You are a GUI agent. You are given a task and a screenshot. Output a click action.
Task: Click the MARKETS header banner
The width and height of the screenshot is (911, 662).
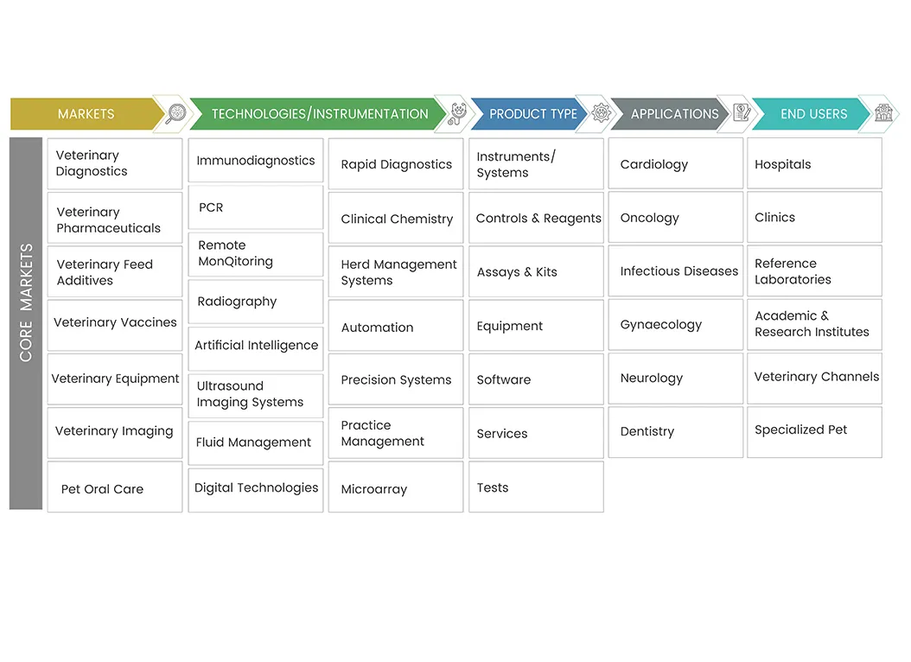[x=87, y=114]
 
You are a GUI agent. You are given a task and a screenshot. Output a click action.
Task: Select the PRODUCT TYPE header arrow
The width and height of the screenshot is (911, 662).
[x=532, y=114]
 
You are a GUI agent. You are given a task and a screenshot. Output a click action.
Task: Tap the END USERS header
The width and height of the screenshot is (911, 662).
[x=812, y=114]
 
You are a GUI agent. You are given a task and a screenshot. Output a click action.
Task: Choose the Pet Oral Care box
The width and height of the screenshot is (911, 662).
[x=115, y=487]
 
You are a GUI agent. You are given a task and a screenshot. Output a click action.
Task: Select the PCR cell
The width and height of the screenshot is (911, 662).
[x=256, y=207]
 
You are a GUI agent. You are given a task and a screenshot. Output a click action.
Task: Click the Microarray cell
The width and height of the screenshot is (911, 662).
[x=396, y=487]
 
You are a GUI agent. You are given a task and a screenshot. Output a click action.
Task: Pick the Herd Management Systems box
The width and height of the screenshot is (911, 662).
[x=396, y=271]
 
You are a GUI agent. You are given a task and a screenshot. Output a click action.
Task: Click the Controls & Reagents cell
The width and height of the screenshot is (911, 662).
[x=536, y=218]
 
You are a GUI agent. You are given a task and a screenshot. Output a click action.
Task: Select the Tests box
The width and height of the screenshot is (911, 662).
[x=536, y=487]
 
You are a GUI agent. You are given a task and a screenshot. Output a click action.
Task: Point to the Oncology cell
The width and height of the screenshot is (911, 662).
[x=676, y=217]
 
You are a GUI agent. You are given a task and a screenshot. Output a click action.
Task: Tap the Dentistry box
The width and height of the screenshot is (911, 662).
[x=676, y=432]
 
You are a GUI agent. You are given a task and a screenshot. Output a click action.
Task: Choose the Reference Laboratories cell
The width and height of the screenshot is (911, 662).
[x=814, y=271]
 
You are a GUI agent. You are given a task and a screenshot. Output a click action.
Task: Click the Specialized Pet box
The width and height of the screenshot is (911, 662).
[x=814, y=432]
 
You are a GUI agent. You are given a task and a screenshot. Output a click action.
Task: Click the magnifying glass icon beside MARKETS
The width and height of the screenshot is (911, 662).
[x=175, y=113]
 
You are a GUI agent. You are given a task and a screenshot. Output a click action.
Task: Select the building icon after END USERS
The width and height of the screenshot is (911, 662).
[x=883, y=112]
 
